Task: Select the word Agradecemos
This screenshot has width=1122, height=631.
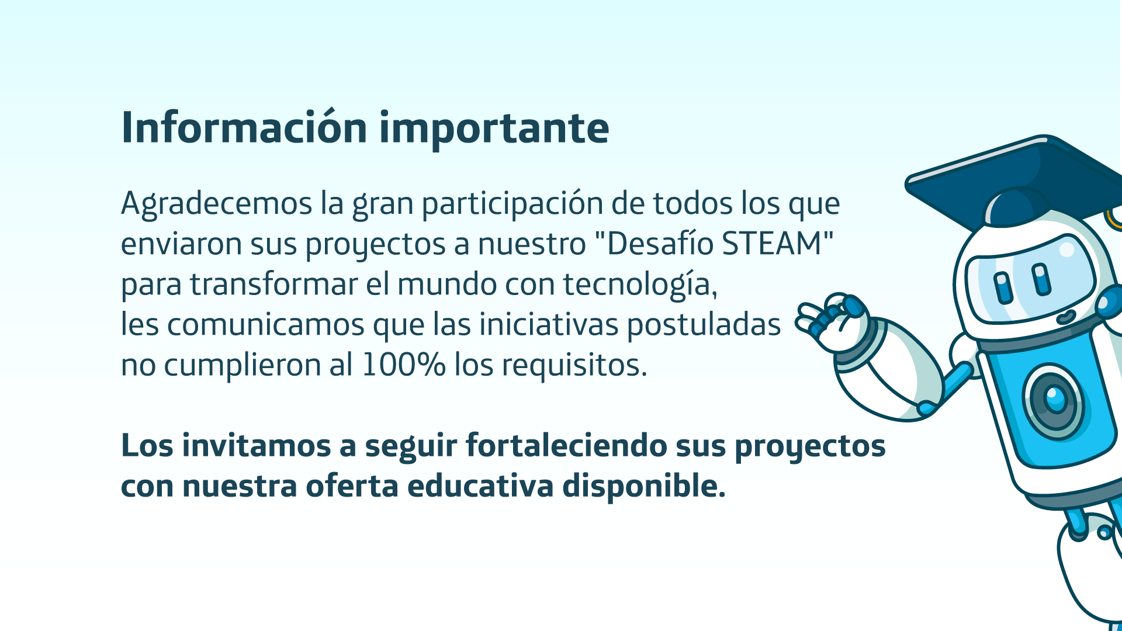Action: [217, 204]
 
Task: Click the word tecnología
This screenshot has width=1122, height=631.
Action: [640, 285]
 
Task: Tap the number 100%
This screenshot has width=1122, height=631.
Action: [403, 365]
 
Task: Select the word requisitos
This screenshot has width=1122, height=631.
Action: [574, 366]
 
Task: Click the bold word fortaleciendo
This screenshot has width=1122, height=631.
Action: [566, 445]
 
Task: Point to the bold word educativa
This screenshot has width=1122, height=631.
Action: [480, 486]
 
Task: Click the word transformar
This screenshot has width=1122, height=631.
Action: [273, 285]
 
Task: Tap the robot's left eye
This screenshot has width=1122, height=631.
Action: [1003, 287]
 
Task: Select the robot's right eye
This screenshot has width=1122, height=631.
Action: [1041, 279]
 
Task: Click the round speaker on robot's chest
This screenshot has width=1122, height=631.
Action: [1055, 401]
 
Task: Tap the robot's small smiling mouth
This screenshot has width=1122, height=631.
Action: [1066, 317]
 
